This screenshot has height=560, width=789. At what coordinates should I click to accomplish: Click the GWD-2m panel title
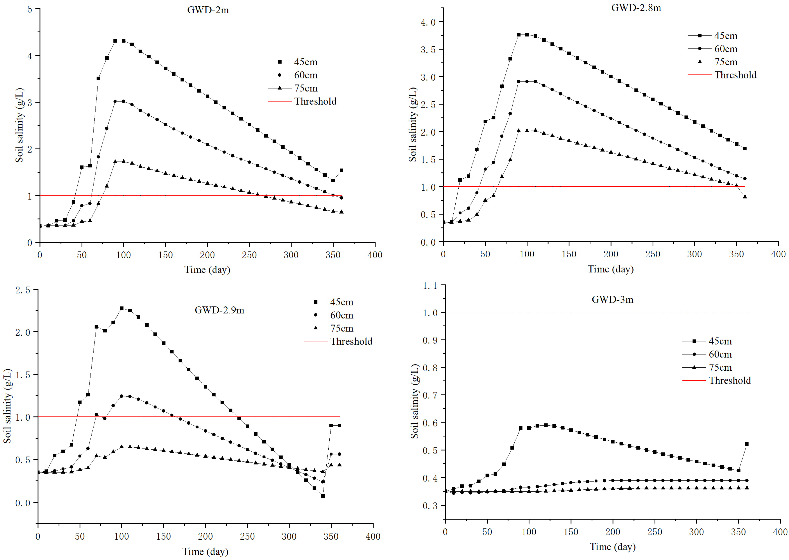pyautogui.click(x=208, y=10)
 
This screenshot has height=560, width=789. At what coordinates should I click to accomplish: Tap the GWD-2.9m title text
pyautogui.click(x=219, y=310)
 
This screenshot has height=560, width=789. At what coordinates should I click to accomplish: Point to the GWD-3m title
pyautogui.click(x=613, y=299)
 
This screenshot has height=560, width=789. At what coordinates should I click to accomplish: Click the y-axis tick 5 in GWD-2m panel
pyautogui.click(x=30, y=9)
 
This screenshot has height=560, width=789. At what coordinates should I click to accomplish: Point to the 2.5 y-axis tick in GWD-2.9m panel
pyautogui.click(x=23, y=290)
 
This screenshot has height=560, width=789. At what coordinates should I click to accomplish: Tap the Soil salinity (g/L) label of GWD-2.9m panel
pyautogui.click(x=8, y=406)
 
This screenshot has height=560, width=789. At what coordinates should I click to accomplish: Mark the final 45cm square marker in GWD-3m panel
pyautogui.click(x=747, y=444)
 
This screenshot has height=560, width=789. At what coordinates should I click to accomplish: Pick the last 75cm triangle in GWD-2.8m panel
pyautogui.click(x=745, y=197)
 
